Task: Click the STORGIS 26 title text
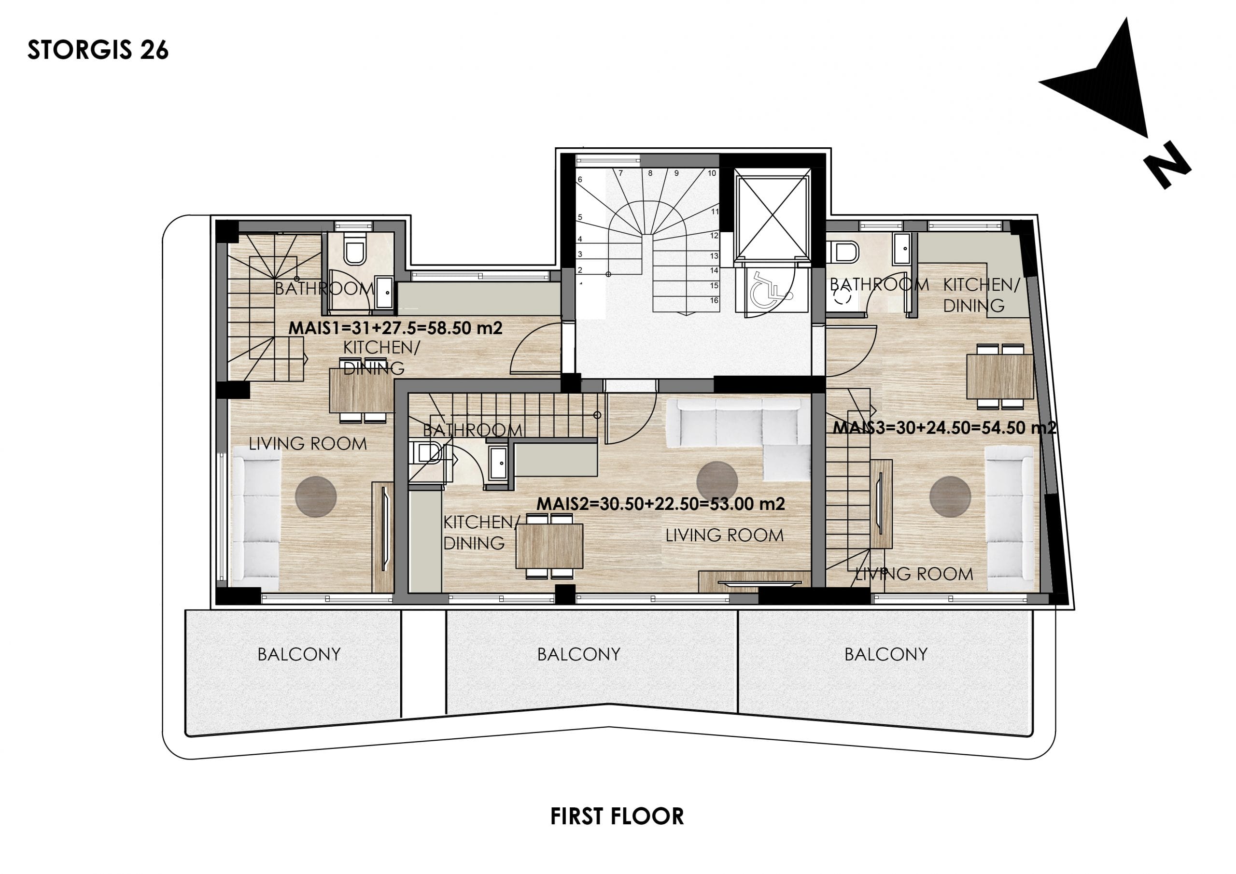coord(98,50)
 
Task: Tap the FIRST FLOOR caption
coord(617,817)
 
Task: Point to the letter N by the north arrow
coord(1167,165)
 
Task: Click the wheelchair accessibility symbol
coord(772,291)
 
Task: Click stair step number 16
coord(714,300)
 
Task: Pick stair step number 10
coord(712,173)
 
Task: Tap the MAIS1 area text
coord(395,328)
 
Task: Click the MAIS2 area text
coord(660,504)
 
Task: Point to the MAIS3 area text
coord(944,428)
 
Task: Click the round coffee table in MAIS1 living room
coord(316,496)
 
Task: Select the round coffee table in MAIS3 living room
coord(950,496)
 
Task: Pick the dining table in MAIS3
coord(1000,377)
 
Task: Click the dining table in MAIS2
coord(549,546)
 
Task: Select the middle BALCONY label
coord(579,654)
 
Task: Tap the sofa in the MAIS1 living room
coord(256,518)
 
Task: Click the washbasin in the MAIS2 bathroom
coord(498,463)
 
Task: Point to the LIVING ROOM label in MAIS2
coord(725,536)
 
